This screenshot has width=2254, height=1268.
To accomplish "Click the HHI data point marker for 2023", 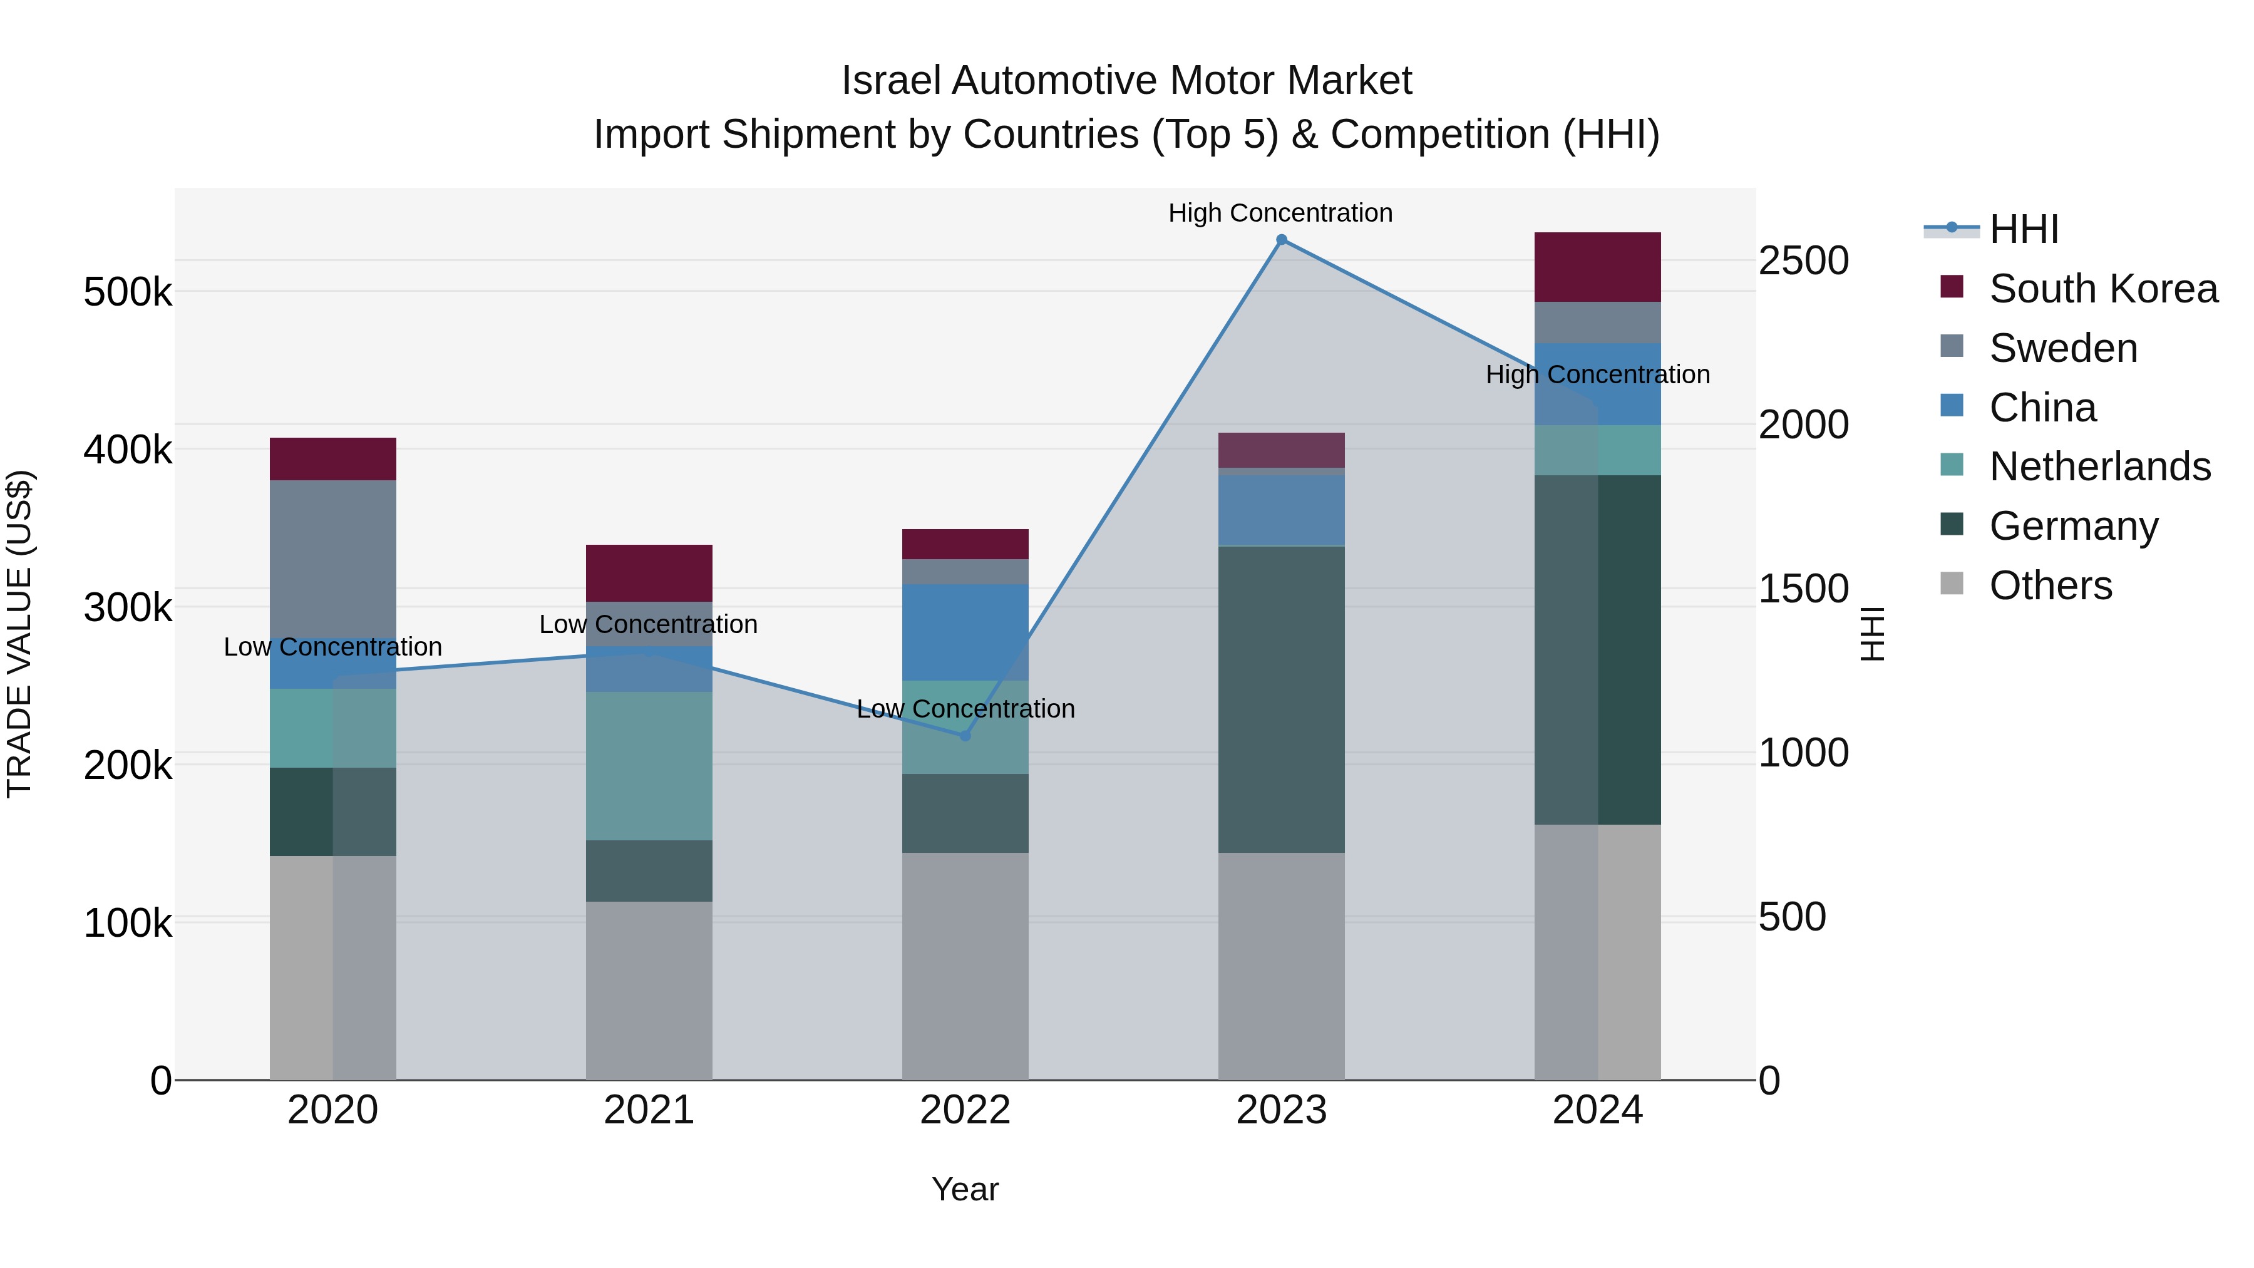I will click(x=1281, y=240).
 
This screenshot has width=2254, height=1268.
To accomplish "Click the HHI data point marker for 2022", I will click(x=965, y=736).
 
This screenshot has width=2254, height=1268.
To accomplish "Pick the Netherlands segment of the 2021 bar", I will click(x=649, y=766).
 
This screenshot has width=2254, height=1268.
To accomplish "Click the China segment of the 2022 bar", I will click(x=965, y=631).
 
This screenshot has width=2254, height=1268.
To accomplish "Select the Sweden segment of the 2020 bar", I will click(x=332, y=560).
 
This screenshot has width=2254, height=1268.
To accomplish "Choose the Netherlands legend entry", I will click(x=2099, y=466).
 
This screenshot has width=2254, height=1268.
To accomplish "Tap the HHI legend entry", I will click(x=2023, y=229).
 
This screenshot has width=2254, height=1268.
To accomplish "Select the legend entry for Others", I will click(x=2050, y=585).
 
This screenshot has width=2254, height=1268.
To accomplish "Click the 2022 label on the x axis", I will click(x=965, y=1110).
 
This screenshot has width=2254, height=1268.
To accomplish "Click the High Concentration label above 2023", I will click(x=1280, y=213).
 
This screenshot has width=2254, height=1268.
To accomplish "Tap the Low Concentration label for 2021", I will click(x=649, y=624).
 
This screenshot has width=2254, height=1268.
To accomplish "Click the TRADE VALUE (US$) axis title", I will click(x=20, y=634).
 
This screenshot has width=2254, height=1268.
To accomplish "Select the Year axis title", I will click(x=965, y=1189).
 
